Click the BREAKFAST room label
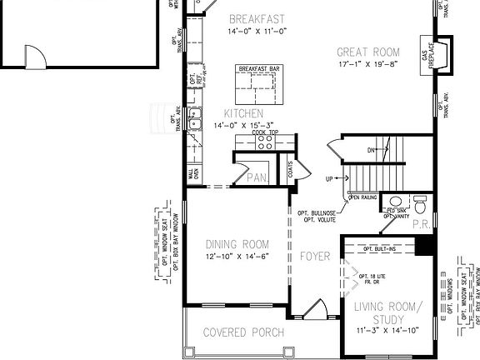257,18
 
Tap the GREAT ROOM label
369,51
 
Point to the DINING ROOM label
237,244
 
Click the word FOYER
315,256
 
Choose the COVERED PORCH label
243,332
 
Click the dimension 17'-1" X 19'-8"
369,63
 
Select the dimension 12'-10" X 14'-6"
237,257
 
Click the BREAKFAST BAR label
257,69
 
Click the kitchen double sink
194,125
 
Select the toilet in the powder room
419,203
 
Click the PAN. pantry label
256,177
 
